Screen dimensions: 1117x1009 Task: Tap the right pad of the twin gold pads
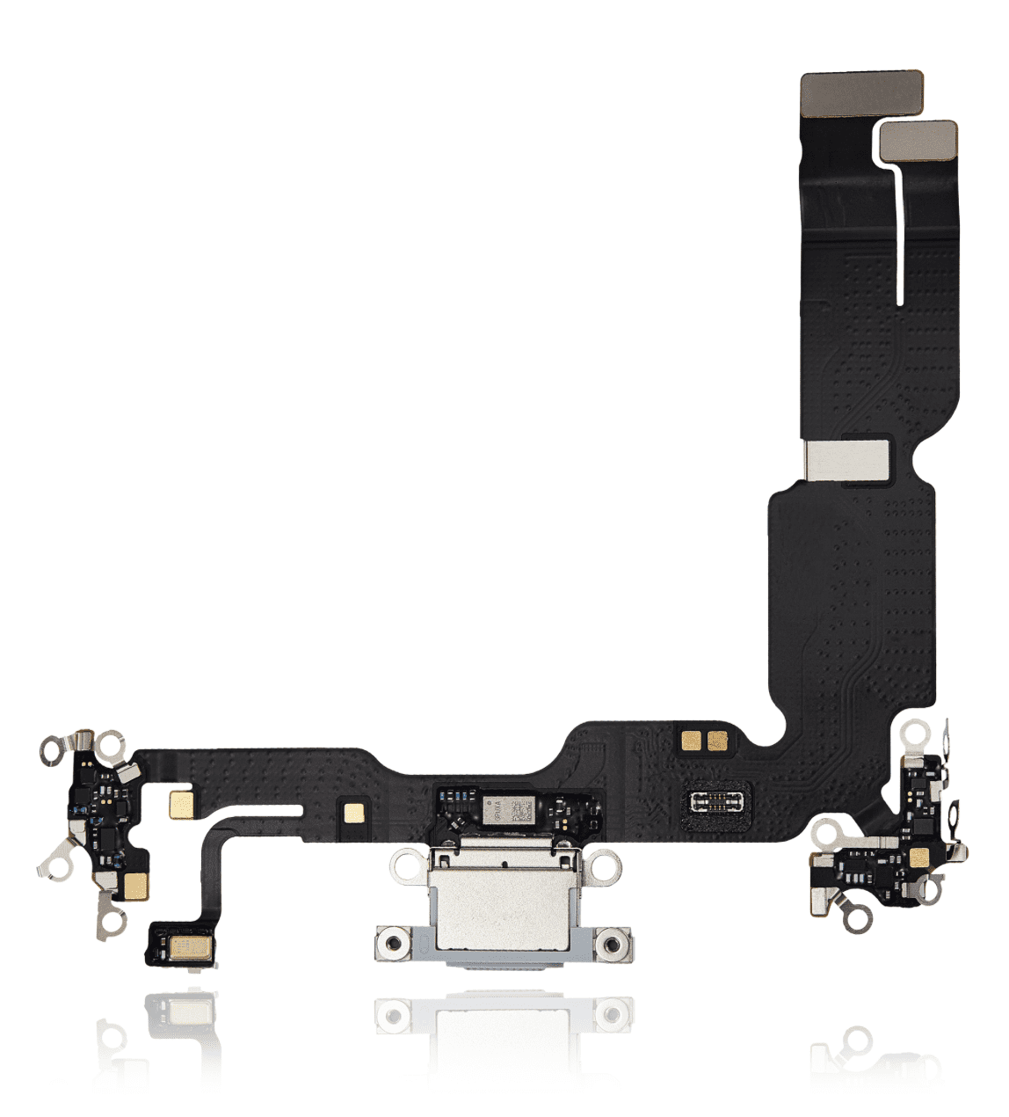717,741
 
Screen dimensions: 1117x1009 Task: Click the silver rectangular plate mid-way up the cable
848,459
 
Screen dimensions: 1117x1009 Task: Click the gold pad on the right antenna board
918,858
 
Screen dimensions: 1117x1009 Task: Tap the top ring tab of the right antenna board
915,731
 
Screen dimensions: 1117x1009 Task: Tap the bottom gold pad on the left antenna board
135,886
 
